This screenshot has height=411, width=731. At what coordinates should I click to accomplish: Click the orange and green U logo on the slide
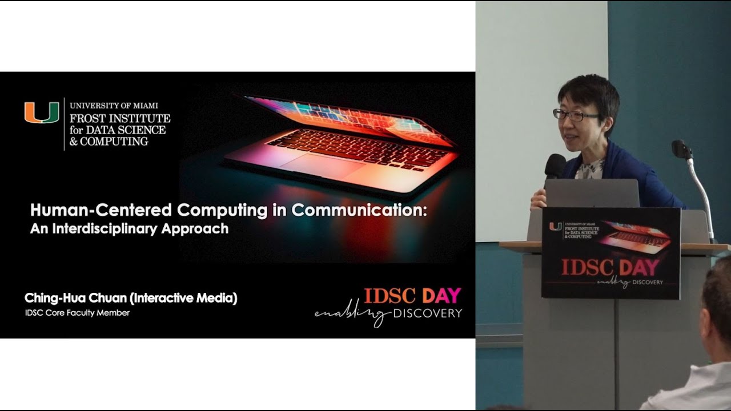pyautogui.click(x=42, y=113)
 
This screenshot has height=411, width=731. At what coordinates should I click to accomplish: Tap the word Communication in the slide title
pyautogui.click(x=359, y=210)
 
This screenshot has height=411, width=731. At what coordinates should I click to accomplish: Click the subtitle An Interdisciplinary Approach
pyautogui.click(x=129, y=229)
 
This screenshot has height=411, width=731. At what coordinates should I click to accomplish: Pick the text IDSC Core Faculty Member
pyautogui.click(x=77, y=313)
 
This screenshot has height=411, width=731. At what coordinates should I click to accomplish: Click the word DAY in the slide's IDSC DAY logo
pyautogui.click(x=441, y=296)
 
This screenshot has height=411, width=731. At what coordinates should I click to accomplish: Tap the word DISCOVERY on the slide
pyautogui.click(x=427, y=313)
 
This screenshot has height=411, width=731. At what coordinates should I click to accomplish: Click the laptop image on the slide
pyautogui.click(x=343, y=137)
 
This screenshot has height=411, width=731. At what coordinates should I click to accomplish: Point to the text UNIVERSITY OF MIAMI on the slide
pyautogui.click(x=114, y=106)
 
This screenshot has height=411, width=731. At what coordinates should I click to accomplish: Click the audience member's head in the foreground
pyautogui.click(x=718, y=308)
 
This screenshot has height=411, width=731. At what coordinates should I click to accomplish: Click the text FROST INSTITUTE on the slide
pyautogui.click(x=120, y=119)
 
